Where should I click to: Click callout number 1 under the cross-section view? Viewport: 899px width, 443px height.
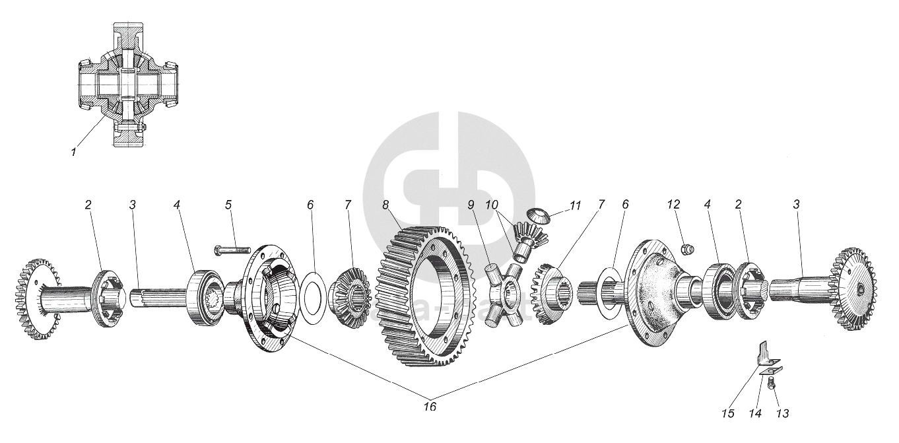point(74,153)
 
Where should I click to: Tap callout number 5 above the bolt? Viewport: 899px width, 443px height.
point(228,205)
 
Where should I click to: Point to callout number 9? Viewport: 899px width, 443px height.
point(471,205)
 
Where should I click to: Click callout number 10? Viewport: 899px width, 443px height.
point(492,205)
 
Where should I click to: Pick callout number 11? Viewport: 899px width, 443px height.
point(575,205)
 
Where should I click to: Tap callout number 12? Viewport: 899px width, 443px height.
point(673,205)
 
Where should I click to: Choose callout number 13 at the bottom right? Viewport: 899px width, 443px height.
point(783,413)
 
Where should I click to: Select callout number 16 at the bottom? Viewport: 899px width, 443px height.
point(430,407)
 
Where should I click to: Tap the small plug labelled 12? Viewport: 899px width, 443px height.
point(686,250)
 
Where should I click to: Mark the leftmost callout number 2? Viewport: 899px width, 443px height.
point(87,205)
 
